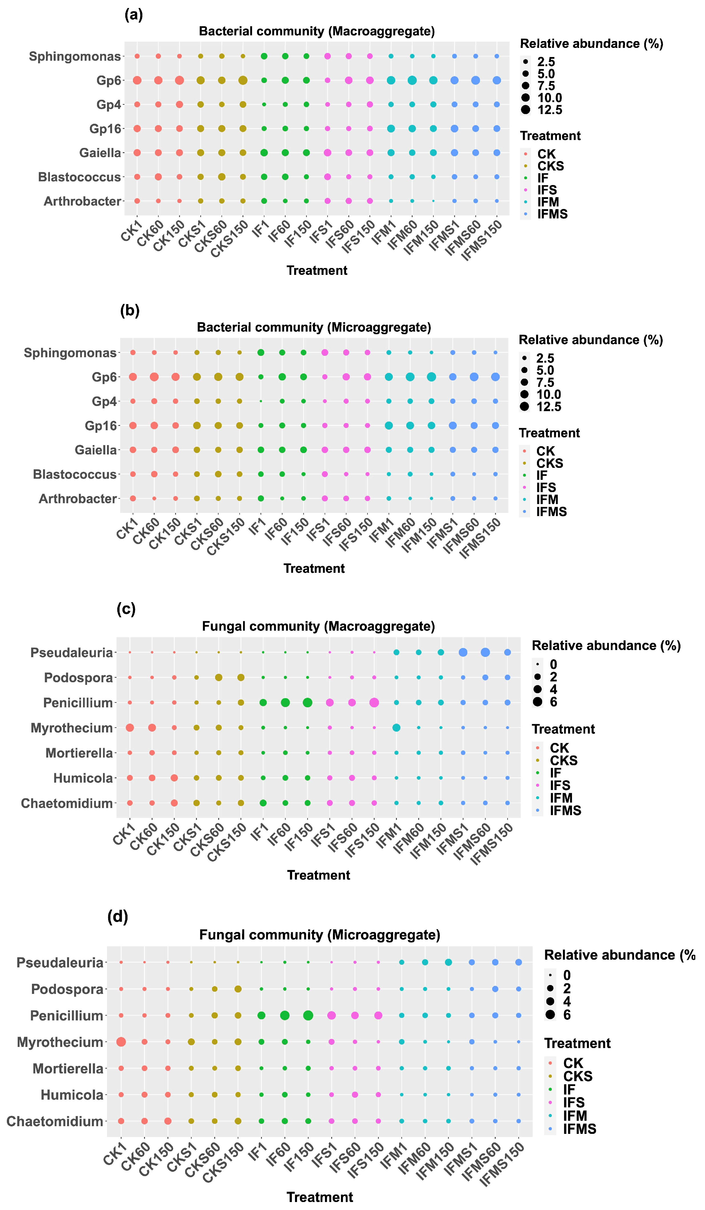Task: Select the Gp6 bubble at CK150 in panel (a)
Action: coord(179,80)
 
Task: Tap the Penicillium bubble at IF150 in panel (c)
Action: coord(308,703)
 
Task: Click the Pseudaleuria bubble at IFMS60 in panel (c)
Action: coord(485,652)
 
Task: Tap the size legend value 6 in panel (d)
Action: coord(567,1015)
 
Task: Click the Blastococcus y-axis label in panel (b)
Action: coord(74,474)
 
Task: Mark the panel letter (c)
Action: coord(126,609)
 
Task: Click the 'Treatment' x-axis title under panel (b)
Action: coord(314,569)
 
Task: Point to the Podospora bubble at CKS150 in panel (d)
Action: coord(237,989)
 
